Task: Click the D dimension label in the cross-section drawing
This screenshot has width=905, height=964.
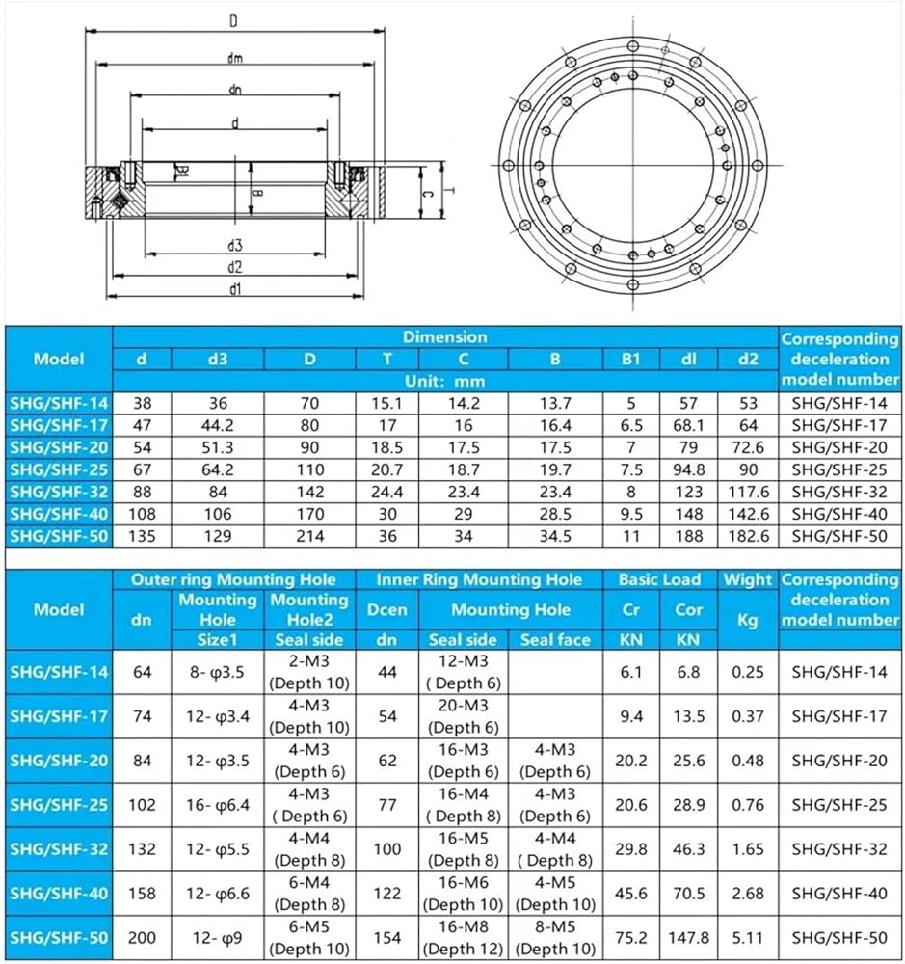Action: pyautogui.click(x=233, y=20)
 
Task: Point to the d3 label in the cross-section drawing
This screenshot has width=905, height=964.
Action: pyautogui.click(x=235, y=245)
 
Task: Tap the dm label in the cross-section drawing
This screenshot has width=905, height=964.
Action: pyautogui.click(x=234, y=58)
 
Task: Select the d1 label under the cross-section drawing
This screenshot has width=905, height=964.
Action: pyautogui.click(x=235, y=288)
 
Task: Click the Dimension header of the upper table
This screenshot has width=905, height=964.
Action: pyautogui.click(x=444, y=337)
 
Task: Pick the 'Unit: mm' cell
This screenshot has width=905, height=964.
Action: pyautogui.click(x=444, y=381)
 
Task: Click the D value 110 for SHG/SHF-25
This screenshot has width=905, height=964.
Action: pyautogui.click(x=310, y=469)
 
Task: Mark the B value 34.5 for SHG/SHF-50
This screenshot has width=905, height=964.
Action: pyautogui.click(x=555, y=536)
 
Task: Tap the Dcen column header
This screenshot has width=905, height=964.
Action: pyautogui.click(x=387, y=609)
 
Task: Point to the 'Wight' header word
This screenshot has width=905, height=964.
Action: pyautogui.click(x=748, y=579)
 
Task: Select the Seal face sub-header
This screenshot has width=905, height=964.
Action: pyautogui.click(x=555, y=640)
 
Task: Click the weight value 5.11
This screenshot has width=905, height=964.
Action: pyautogui.click(x=748, y=937)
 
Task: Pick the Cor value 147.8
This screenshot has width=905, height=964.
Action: pyautogui.click(x=688, y=937)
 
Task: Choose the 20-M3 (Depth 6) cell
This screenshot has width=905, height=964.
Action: pyautogui.click(x=464, y=716)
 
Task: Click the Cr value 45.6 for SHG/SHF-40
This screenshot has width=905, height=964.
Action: pyautogui.click(x=630, y=893)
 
